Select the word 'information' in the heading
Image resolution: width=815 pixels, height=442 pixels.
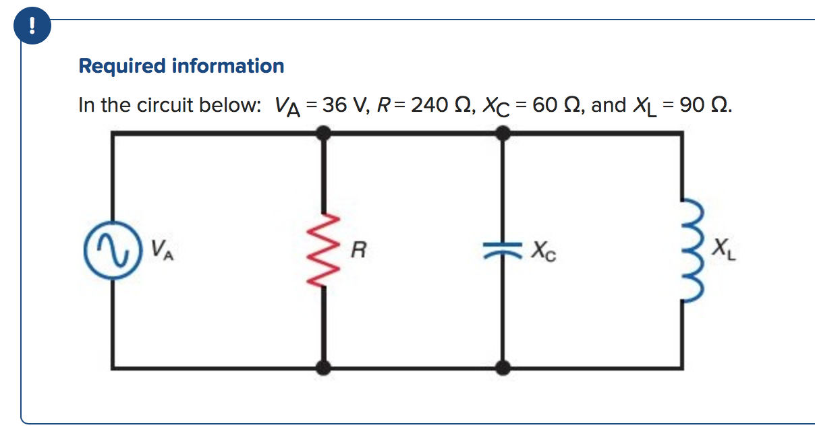[x=228, y=66]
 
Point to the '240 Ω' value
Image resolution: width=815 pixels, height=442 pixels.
[x=438, y=106]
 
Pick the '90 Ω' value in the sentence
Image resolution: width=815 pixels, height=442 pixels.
[x=707, y=106]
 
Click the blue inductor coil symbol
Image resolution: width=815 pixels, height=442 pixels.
[x=687, y=251]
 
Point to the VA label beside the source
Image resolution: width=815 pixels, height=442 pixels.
[x=161, y=251]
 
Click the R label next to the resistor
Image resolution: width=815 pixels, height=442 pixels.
[x=359, y=253]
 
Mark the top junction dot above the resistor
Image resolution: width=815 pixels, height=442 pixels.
[x=324, y=133]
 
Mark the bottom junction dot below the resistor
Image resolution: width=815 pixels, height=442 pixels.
[x=324, y=367]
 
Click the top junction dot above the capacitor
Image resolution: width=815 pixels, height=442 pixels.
[x=502, y=133]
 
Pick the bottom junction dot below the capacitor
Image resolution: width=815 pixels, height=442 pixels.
[x=502, y=367]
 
